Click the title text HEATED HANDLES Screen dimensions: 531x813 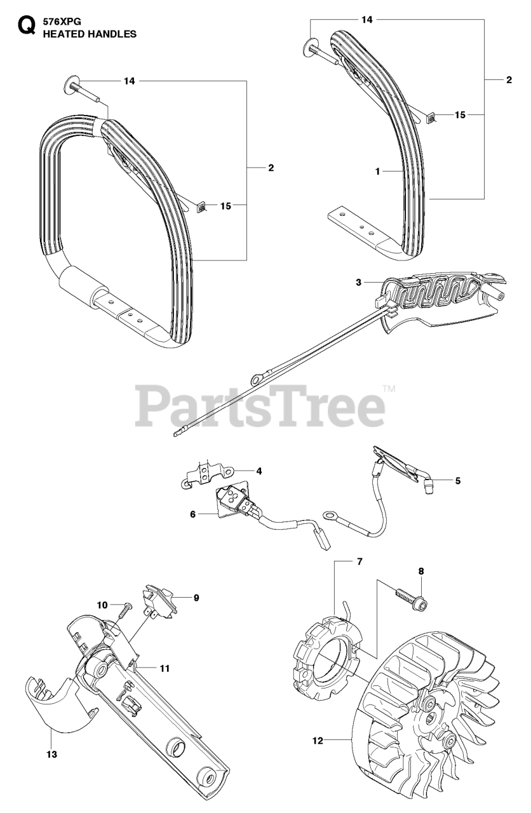[90, 34]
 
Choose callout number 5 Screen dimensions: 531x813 [457, 481]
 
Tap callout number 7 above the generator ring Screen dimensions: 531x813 [359, 562]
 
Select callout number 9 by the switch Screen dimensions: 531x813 [196, 598]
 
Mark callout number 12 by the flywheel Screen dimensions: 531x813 [318, 739]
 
